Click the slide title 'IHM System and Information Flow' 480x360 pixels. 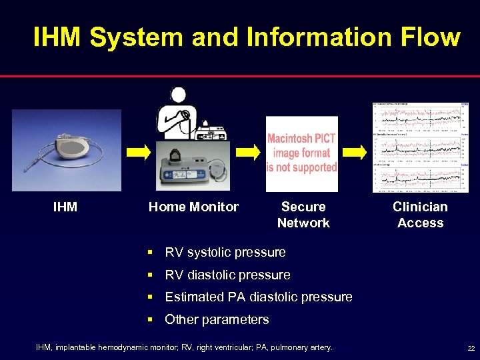[246, 37]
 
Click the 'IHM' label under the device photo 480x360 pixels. [65, 207]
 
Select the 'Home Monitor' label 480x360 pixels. [193, 207]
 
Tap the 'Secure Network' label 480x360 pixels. [303, 215]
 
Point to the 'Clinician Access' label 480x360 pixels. [420, 215]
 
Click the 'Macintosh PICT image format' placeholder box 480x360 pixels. [302, 154]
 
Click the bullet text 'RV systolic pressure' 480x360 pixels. [225, 253]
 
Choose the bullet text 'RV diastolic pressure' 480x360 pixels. [227, 275]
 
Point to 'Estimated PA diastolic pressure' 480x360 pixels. [258, 297]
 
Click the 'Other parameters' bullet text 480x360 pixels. [217, 320]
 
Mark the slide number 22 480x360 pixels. [471, 349]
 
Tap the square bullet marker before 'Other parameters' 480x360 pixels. [152, 320]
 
